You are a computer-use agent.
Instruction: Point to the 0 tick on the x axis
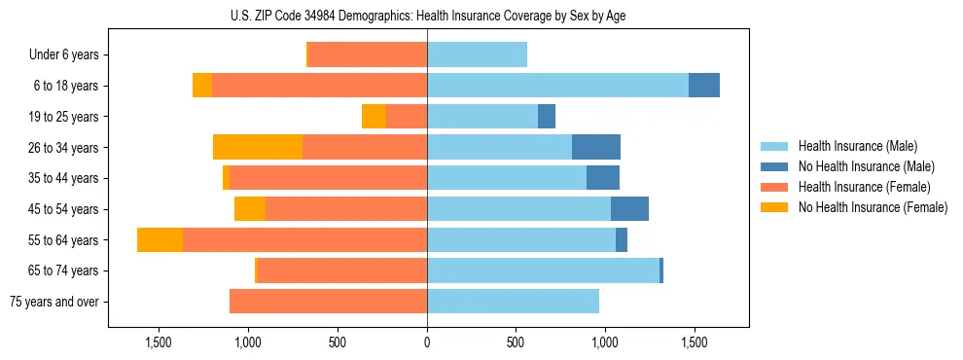pyautogui.click(x=427, y=342)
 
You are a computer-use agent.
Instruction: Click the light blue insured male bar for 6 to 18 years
pyautogui.click(x=557, y=86)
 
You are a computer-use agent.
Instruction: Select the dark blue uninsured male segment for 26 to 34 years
pyautogui.click(x=596, y=148)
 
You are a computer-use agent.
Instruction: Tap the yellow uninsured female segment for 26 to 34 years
pyautogui.click(x=258, y=148)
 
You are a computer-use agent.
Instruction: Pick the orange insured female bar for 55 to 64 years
pyautogui.click(x=304, y=240)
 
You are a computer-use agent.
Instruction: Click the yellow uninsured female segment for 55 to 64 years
pyautogui.click(x=160, y=240)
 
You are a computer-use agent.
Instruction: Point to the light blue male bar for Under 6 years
pyautogui.click(x=477, y=55)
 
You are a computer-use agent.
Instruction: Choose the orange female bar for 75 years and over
pyautogui.click(x=328, y=302)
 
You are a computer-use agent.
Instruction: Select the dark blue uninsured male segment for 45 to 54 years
pyautogui.click(x=629, y=209)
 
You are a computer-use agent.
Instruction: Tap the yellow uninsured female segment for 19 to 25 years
pyautogui.click(x=374, y=117)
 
